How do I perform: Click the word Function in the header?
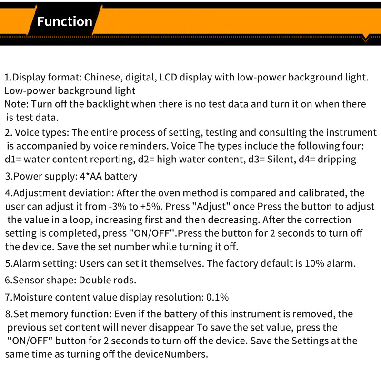[65, 21]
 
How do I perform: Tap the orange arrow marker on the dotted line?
[365, 39]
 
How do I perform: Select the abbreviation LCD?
[168, 77]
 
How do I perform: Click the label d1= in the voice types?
[13, 160]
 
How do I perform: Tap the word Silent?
[281, 160]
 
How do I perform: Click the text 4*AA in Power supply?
[91, 176]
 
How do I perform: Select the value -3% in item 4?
[118, 207]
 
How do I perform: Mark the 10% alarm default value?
[314, 263]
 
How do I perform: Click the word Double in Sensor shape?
[91, 280]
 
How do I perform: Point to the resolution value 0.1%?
[218, 297]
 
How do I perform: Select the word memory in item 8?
[50, 314]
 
